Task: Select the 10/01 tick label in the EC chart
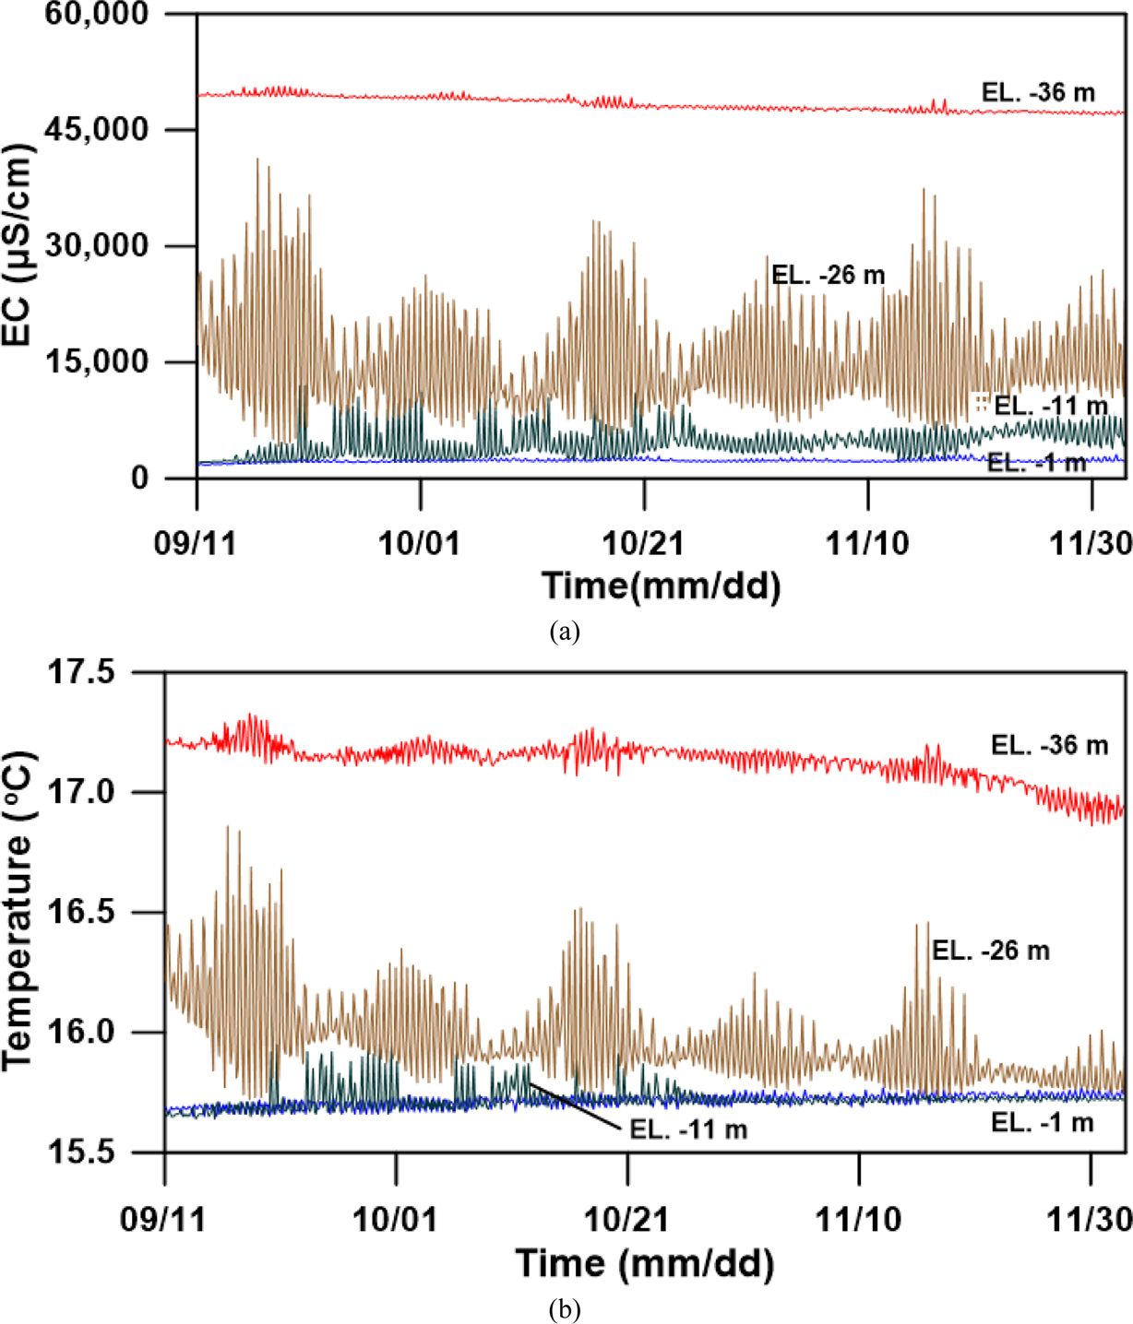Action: tap(419, 543)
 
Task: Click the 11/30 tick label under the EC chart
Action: tap(1091, 543)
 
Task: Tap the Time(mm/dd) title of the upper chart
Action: tap(661, 585)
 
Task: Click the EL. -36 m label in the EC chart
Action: tap(1038, 92)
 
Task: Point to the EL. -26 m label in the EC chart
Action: tap(828, 275)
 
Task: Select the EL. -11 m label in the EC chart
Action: tap(1050, 406)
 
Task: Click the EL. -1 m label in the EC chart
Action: tap(1036, 463)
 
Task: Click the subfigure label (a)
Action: tap(564, 632)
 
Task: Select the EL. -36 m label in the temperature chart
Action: tap(1049, 745)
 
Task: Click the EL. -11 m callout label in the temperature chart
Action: tap(688, 1129)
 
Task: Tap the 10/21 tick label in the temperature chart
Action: tap(627, 1220)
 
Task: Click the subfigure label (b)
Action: tap(564, 1309)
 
